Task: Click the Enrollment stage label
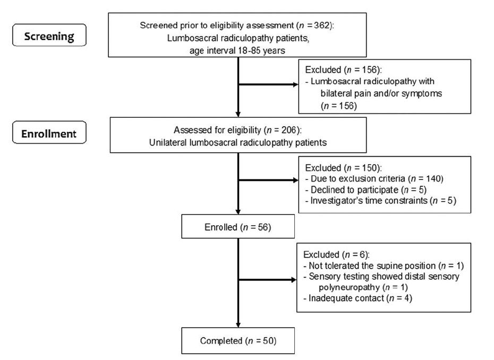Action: click(x=48, y=134)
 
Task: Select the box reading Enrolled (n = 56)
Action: click(x=237, y=228)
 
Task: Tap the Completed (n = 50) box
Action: click(x=237, y=341)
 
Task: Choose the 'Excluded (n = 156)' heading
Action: click(x=339, y=70)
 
